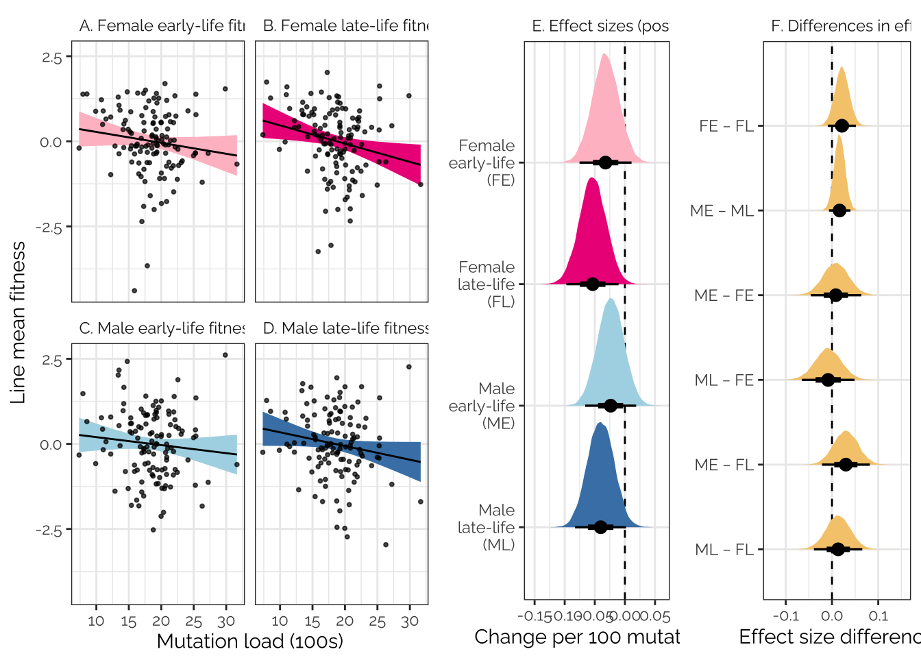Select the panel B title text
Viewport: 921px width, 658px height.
345,26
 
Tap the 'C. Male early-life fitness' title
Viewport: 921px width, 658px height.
162,328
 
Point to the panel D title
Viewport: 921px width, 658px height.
345,328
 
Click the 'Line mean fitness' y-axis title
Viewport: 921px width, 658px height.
18,322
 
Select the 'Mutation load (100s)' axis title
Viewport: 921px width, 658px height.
250,641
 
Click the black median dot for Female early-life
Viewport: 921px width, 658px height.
605,162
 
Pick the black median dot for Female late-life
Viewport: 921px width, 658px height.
593,284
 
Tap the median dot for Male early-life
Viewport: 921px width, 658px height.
611,406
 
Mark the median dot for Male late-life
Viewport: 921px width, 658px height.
601,527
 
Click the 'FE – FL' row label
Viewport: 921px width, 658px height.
726,126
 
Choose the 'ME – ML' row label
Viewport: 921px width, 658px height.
722,211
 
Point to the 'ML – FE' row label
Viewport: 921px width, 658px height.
724,380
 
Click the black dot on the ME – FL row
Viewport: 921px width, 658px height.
846,465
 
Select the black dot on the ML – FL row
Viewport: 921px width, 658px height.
837,549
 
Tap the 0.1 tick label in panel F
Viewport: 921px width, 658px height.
879,616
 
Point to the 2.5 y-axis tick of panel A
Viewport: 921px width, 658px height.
52,58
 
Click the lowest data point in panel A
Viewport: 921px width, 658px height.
134,291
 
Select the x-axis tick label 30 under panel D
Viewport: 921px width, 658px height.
410,622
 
